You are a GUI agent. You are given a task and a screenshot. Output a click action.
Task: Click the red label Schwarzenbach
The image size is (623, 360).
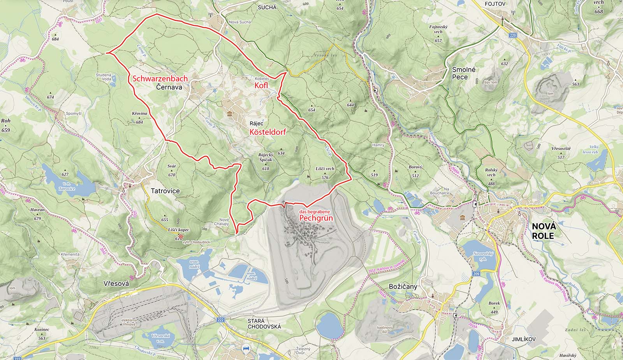[160, 78]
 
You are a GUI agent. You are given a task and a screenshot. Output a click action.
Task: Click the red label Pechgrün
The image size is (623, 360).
[316, 218]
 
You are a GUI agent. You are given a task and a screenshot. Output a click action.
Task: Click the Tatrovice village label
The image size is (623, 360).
[165, 191]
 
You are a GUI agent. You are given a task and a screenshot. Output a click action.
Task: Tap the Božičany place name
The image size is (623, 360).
[403, 286]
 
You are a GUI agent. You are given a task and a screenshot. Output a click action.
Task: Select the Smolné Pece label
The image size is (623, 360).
[459, 73]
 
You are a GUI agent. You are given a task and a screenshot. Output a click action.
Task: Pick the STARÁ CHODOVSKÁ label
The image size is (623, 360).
[264, 324]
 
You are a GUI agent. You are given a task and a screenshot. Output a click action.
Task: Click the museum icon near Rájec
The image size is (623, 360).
[229, 114]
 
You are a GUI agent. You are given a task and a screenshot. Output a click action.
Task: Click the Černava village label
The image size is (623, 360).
[169, 88]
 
